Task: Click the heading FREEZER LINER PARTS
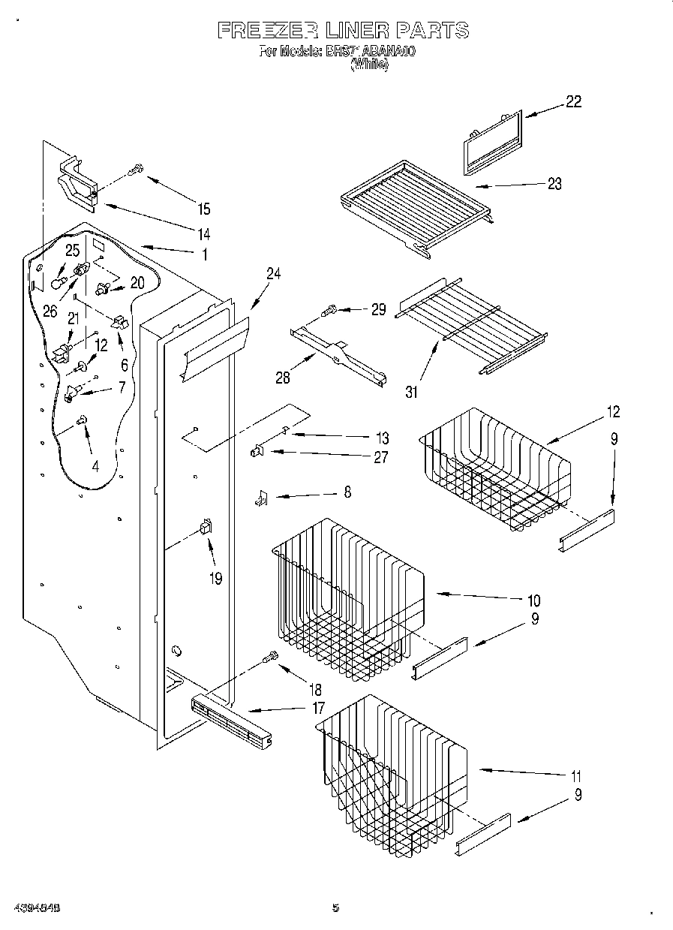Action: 343,30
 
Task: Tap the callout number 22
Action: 573,102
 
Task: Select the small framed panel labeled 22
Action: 491,142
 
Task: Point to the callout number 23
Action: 554,184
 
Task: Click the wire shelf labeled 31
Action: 470,324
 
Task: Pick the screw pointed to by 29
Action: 329,309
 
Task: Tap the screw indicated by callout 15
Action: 137,170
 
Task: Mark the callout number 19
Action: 216,579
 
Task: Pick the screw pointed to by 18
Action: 270,658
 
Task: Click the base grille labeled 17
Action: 230,721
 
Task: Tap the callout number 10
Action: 533,600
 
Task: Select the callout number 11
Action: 576,776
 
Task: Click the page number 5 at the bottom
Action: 335,907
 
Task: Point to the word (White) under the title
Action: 369,65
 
